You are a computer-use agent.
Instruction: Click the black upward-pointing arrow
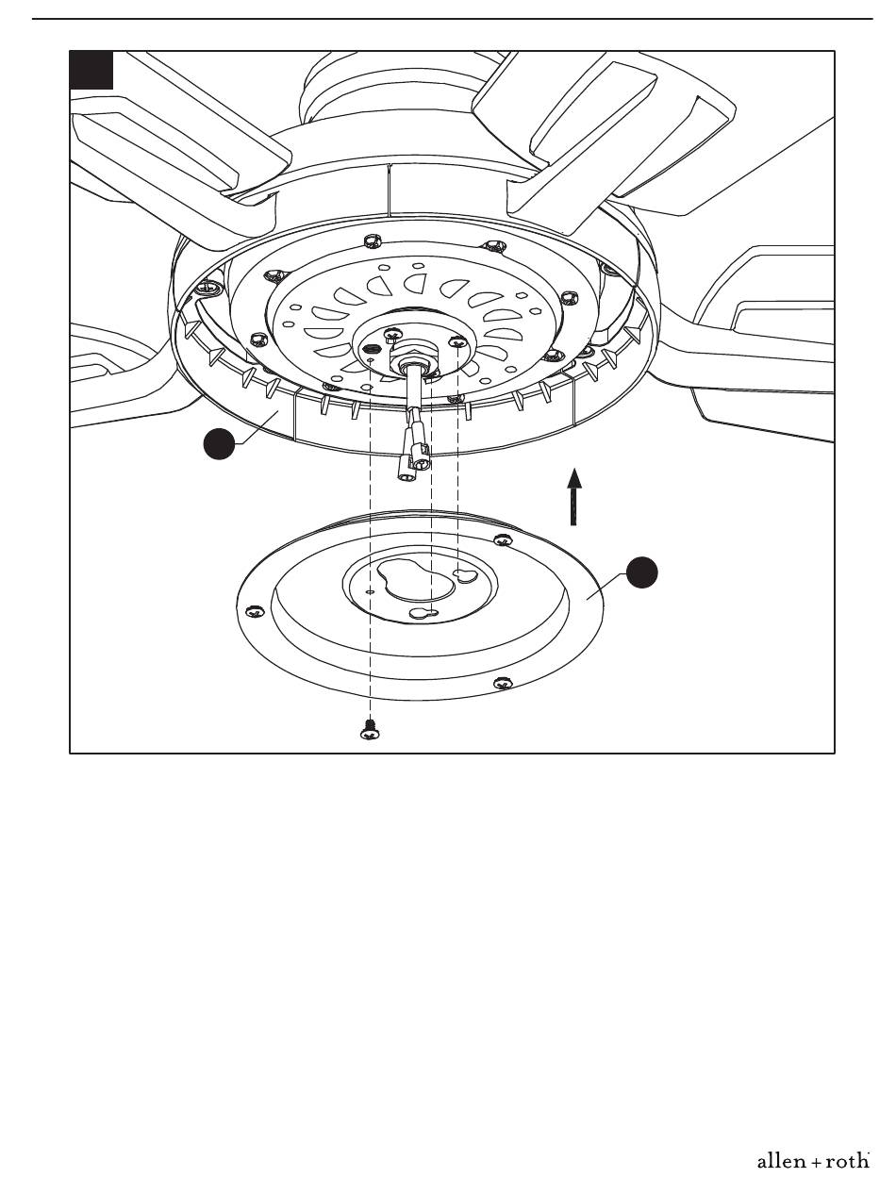pos(574,496)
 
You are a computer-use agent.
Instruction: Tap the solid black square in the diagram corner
pos(91,70)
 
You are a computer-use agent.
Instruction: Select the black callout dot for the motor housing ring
pos(220,443)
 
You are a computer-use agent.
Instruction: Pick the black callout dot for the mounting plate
pos(642,572)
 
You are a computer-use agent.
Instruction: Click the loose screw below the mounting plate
pos(370,729)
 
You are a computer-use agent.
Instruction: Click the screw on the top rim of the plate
pos(503,540)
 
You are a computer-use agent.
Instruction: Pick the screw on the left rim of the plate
pos(254,611)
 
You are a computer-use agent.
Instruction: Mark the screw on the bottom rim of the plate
pos(503,683)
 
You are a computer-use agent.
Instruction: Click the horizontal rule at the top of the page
pos(453,19)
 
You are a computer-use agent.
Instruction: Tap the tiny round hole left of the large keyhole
pos(370,592)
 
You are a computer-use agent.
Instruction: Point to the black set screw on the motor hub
pos(369,349)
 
